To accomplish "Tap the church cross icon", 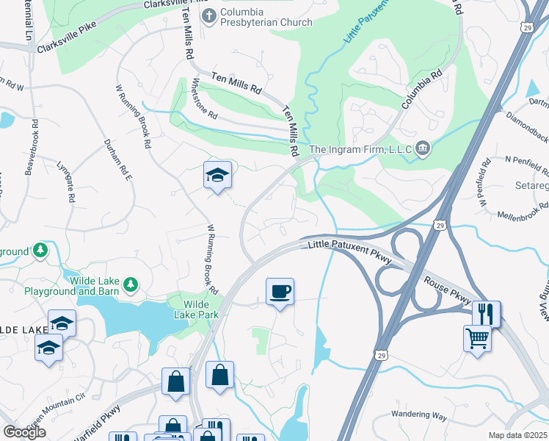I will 208,15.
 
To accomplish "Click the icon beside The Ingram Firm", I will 422,149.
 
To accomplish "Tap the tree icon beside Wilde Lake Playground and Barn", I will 131,284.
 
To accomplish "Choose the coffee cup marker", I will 280,292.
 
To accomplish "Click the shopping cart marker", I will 477,339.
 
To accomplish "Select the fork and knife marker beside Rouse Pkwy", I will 486,314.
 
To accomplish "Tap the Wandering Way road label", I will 419,416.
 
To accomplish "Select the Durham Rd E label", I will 117,159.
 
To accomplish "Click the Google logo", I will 24,432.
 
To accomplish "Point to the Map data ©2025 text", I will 517,435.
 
